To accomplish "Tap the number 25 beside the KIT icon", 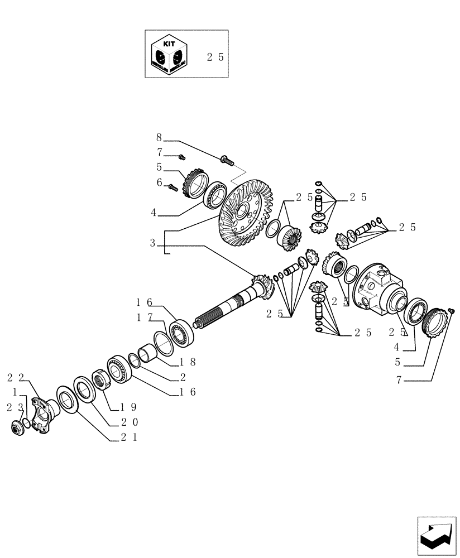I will (x=215, y=57).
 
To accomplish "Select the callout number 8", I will (x=159, y=137).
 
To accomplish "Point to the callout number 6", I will (x=159, y=182).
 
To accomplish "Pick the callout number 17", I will (x=143, y=318).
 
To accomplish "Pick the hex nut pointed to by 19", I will (x=102, y=382).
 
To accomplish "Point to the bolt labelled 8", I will (x=227, y=160).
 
